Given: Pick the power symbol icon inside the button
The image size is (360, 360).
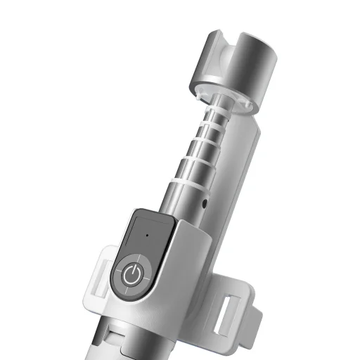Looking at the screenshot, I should pos(131,276).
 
